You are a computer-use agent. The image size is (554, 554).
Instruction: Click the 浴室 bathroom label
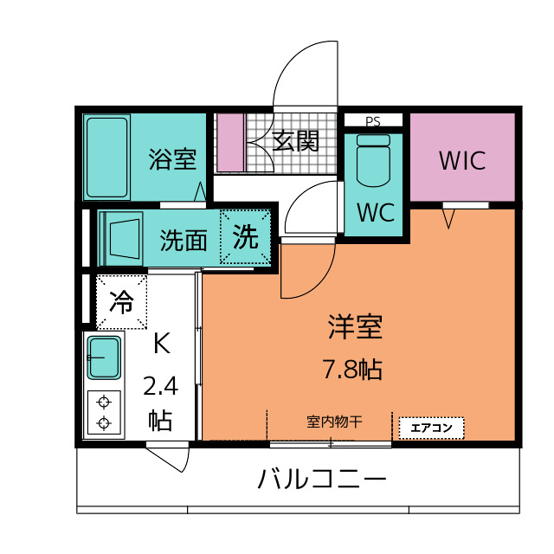(x=172, y=159)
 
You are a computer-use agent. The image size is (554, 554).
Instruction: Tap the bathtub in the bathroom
(x=106, y=158)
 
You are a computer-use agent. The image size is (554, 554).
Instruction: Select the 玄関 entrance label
(x=296, y=141)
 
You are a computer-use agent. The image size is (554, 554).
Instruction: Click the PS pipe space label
(x=373, y=121)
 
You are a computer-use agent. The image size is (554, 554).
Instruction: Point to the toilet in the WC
(x=373, y=160)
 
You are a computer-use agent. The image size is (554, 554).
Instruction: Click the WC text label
(x=376, y=212)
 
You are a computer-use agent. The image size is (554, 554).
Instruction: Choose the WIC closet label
(x=462, y=161)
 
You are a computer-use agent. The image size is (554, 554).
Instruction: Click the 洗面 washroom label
(x=184, y=241)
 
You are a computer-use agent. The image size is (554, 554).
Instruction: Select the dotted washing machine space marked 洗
(x=245, y=236)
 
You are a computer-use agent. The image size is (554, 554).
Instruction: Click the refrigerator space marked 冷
(x=121, y=302)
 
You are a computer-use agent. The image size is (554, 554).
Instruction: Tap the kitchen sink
(x=104, y=358)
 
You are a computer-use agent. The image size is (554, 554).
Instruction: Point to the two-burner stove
(x=104, y=412)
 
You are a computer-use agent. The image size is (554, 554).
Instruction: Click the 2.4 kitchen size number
(x=160, y=386)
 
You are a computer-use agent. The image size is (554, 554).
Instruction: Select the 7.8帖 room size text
(x=352, y=370)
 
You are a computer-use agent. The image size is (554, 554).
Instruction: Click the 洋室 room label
(x=355, y=327)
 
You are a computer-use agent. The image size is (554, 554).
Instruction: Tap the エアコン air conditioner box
(x=431, y=428)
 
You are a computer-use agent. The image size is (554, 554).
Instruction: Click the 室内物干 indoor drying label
(x=334, y=422)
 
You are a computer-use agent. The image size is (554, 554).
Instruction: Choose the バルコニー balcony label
(x=322, y=478)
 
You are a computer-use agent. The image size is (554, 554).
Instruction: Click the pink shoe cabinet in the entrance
(x=231, y=142)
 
